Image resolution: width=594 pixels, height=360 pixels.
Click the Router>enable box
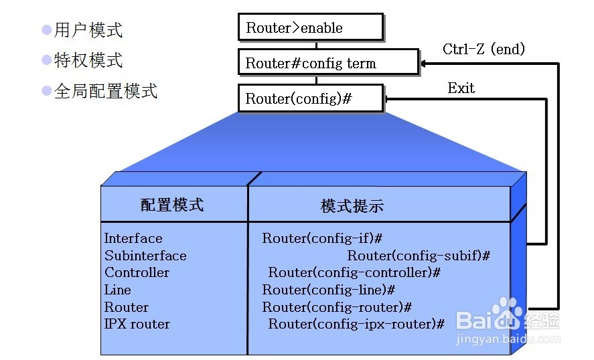[311, 27]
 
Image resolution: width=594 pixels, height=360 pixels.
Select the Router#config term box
[328, 63]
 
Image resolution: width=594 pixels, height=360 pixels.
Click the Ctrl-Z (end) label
[484, 49]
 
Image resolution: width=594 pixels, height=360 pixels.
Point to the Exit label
[461, 88]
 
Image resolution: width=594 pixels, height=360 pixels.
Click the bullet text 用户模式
[88, 30]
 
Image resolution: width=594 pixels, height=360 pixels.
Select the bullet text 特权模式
[88, 60]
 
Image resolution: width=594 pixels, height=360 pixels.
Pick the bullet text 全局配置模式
[106, 91]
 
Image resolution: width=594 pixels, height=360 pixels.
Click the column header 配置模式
[172, 205]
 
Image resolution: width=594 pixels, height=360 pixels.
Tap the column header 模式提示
[352, 205]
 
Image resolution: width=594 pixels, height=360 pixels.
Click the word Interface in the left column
[133, 238]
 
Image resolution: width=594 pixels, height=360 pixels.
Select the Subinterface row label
[145, 256]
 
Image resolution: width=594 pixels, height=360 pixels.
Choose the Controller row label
[137, 272]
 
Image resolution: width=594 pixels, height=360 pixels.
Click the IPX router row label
[137, 324]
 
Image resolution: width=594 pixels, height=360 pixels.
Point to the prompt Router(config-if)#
[322, 238]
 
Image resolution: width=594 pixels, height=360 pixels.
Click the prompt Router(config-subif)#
[419, 256]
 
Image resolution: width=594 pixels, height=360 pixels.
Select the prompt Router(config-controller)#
[354, 272]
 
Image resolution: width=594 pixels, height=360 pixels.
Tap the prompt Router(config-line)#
[328, 290]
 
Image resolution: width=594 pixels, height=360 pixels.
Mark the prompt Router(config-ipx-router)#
[356, 324]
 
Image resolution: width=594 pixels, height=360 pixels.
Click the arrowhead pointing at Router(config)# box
[389, 99]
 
